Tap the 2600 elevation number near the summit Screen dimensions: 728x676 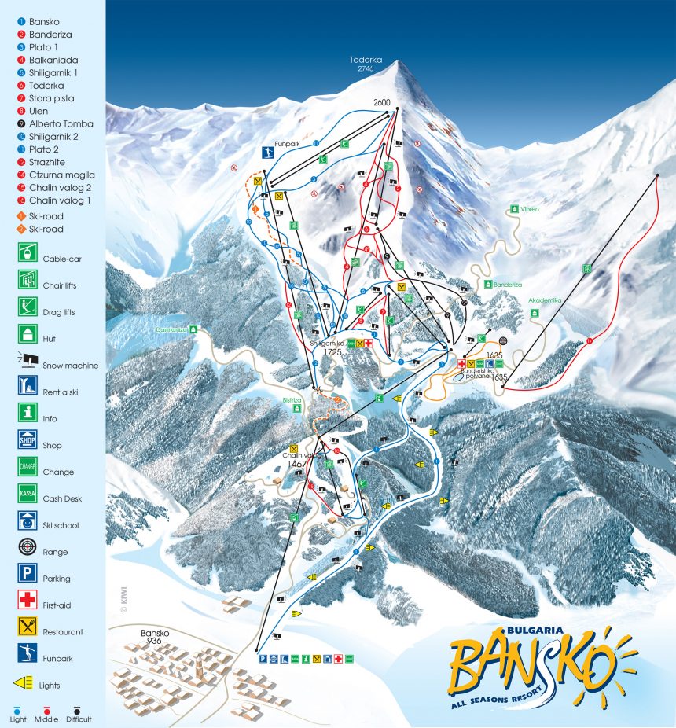[383, 102]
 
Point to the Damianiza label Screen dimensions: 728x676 [171, 330]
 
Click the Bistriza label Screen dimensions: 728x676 [292, 399]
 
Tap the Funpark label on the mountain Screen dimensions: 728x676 [288, 145]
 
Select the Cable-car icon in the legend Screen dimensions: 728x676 [28, 253]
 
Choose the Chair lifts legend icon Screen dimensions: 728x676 [28, 280]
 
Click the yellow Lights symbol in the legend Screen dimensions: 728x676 [24, 682]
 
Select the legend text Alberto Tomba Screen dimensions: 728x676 [61, 123]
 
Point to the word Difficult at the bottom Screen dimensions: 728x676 [79, 719]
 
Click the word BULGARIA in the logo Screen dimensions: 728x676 [521, 630]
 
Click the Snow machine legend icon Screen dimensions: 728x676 [28, 360]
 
